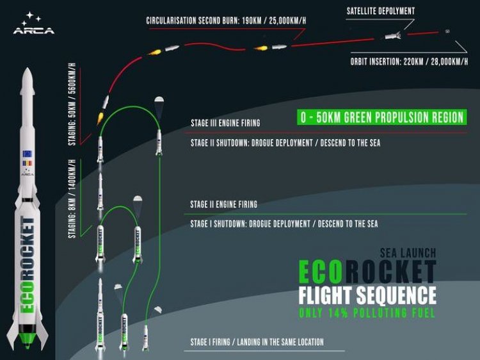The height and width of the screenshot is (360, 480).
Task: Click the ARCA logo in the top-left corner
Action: click(x=34, y=23)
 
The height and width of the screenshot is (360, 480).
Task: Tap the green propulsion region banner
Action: click(x=381, y=117)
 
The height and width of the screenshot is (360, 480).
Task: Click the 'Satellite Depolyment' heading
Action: click(x=381, y=11)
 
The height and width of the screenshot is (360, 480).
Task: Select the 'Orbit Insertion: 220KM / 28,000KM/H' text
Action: click(x=409, y=61)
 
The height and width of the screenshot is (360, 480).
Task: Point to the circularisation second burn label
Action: click(x=226, y=20)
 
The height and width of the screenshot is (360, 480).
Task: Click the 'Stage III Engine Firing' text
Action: click(x=225, y=123)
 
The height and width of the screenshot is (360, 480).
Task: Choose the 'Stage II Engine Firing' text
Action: click(x=224, y=204)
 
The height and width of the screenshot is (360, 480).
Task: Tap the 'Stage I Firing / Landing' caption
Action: click(x=257, y=342)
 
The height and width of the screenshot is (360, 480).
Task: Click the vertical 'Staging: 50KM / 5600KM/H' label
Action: click(x=72, y=104)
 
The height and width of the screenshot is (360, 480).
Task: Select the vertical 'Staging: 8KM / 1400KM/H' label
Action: click(x=72, y=199)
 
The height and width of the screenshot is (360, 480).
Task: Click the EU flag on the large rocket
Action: click(x=28, y=154)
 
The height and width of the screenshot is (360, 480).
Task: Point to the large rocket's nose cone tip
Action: click(x=28, y=69)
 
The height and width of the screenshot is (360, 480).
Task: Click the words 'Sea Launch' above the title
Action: click(x=408, y=253)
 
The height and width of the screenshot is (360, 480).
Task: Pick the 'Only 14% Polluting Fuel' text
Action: click(x=367, y=313)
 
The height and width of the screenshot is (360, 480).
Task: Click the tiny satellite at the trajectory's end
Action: click(x=447, y=31)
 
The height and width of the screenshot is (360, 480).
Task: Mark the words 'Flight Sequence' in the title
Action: click(x=367, y=295)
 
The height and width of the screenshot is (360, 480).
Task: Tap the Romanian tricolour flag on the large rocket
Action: click(x=28, y=163)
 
